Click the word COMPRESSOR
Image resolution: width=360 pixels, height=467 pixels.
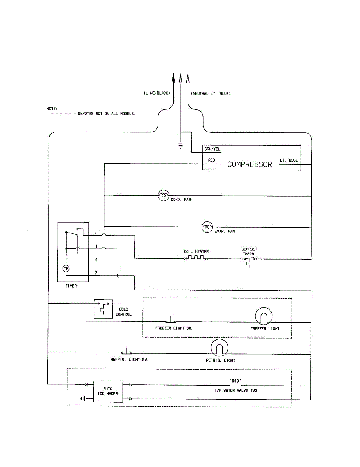click(249, 164)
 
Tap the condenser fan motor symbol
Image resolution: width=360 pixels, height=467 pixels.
click(163, 196)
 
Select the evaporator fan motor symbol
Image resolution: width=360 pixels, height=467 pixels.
click(207, 227)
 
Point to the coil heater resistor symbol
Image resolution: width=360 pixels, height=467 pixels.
click(196, 258)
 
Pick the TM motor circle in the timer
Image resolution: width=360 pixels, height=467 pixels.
click(66, 269)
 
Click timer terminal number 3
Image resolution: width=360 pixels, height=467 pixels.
click(96, 273)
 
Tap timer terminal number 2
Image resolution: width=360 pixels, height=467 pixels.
click(96, 233)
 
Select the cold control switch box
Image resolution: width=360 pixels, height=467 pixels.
click(104, 309)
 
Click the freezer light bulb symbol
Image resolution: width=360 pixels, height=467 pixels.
click(264, 316)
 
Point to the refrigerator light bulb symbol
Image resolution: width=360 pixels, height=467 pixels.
click(220, 348)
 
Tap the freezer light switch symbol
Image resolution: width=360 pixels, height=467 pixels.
click(171, 320)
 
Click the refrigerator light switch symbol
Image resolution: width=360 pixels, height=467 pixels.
click(126, 351)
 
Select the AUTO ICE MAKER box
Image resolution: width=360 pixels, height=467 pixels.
click(108, 392)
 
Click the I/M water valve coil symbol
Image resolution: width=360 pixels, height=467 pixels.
click(235, 381)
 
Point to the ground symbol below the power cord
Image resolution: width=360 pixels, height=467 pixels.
click(181, 145)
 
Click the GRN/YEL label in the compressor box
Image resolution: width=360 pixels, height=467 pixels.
click(212, 149)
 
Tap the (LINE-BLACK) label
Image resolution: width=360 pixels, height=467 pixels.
click(157, 93)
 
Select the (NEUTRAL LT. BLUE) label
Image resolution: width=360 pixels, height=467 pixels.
click(211, 93)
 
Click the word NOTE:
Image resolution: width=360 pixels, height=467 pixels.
click(52, 109)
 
